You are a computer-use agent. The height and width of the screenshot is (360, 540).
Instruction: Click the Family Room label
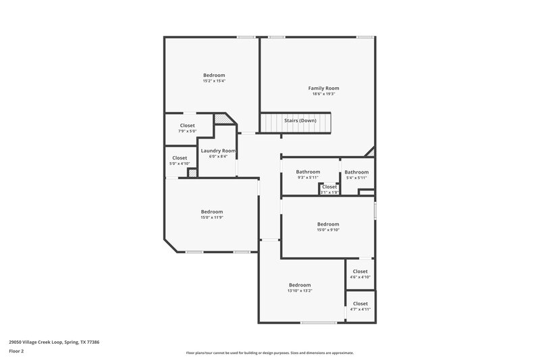(x=323, y=88)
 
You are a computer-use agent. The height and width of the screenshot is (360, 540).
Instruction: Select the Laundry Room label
(x=218, y=150)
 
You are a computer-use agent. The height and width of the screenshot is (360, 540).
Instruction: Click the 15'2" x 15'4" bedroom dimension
(x=214, y=81)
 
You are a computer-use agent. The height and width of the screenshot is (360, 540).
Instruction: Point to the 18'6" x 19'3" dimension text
(x=323, y=94)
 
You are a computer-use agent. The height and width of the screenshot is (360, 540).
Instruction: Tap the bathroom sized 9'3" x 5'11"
(x=308, y=174)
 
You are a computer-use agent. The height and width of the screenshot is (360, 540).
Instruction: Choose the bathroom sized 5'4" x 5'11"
(x=356, y=174)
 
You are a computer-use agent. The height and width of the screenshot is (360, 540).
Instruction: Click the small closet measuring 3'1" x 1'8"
(x=329, y=189)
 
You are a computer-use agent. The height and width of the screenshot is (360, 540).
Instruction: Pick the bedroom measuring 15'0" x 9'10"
(x=328, y=226)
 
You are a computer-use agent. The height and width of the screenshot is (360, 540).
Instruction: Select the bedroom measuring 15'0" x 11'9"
(x=211, y=214)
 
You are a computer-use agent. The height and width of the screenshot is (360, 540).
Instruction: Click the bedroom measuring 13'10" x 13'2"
(x=300, y=287)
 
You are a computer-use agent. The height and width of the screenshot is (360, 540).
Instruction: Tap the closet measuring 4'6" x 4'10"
(x=360, y=274)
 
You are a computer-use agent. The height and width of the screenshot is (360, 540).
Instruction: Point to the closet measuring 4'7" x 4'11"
(x=360, y=306)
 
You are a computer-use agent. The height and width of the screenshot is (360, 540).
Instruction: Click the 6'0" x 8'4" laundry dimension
(x=218, y=156)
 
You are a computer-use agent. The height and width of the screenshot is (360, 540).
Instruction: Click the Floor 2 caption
(x=16, y=351)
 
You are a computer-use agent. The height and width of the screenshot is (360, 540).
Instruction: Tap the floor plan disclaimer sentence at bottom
(x=270, y=353)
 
